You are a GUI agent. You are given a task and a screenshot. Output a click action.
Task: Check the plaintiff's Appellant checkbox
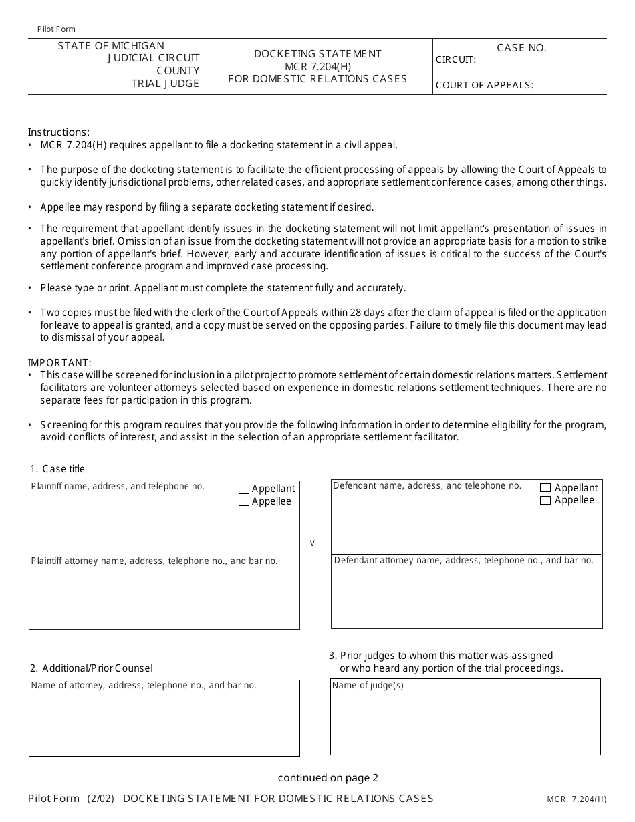[x=244, y=489]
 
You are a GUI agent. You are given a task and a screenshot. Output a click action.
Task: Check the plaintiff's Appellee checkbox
[x=244, y=501]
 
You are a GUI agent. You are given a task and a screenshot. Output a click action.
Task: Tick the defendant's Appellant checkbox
[x=546, y=488]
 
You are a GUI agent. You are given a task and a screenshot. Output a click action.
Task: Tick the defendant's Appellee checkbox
[x=546, y=501]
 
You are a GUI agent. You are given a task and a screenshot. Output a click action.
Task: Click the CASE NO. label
[x=521, y=48]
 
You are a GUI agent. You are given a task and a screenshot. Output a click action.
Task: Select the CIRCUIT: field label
[x=456, y=60]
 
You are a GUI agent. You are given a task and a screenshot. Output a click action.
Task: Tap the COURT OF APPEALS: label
[x=485, y=85]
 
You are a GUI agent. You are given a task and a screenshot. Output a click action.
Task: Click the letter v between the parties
[x=312, y=543]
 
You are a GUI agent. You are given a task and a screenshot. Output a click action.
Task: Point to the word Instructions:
[x=59, y=132]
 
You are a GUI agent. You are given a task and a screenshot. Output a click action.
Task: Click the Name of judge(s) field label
[x=368, y=686]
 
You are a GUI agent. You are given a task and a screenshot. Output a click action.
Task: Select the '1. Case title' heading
[x=57, y=469]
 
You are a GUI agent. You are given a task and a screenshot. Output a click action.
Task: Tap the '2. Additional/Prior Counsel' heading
[x=92, y=668]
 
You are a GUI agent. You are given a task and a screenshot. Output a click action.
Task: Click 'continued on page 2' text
[x=328, y=777]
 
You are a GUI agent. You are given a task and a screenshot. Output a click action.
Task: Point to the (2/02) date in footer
[x=100, y=798]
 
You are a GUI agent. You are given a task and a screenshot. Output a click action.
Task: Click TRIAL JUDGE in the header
[x=165, y=84]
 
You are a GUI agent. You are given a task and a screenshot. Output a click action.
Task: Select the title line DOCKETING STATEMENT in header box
[x=317, y=54]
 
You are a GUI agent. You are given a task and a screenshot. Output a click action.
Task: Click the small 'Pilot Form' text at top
[x=56, y=29]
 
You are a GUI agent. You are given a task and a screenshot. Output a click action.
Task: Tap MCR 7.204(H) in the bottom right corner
[x=576, y=799]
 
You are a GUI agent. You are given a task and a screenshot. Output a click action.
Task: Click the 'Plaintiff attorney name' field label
[x=154, y=561]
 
